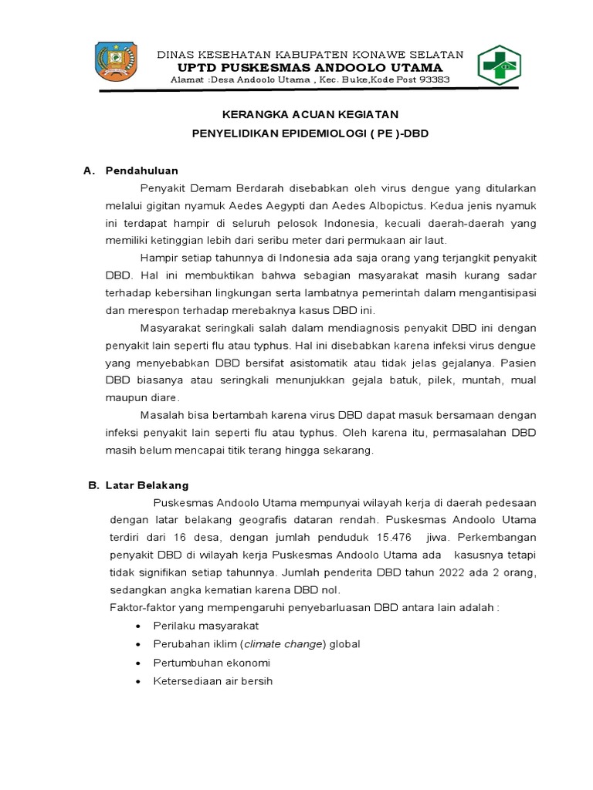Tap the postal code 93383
click(432, 80)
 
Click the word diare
click(162, 397)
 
